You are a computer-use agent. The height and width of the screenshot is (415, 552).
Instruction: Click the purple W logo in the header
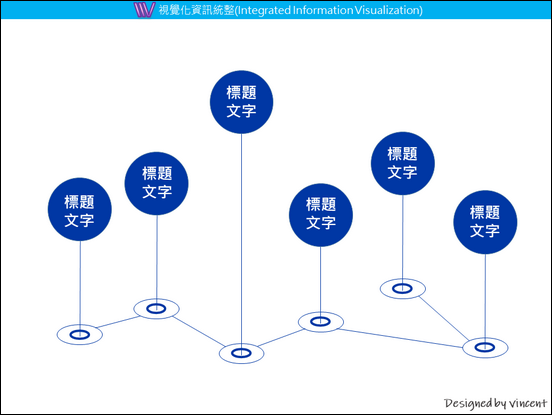144,10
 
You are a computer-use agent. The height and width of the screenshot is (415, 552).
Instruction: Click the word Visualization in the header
388,10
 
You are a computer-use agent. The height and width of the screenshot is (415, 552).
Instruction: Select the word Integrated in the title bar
264,10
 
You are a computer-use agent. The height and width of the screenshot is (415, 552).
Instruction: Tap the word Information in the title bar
323,10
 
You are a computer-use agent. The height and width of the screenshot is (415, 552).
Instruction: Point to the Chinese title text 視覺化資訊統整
196,10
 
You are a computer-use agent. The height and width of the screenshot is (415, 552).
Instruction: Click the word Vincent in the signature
528,403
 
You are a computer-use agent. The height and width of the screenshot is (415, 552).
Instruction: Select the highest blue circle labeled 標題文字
242,102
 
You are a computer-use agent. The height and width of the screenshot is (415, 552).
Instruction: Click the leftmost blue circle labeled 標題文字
80,209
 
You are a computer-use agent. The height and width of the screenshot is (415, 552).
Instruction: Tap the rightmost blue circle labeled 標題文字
485,222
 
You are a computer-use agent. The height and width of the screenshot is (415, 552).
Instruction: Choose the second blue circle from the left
157,183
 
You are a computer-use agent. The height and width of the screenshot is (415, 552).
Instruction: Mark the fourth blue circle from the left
321,215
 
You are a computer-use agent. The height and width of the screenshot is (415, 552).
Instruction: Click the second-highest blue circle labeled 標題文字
403,163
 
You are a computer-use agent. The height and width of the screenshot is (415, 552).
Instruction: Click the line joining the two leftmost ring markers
118,322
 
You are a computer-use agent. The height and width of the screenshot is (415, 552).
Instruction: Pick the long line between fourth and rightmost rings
401,338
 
